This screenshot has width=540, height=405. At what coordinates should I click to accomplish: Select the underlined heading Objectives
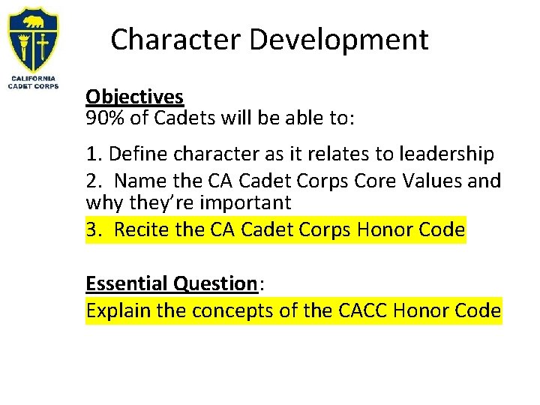click(134, 97)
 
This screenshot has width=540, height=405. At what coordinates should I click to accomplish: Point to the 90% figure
click(103, 118)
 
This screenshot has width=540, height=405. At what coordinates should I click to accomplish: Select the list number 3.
click(91, 229)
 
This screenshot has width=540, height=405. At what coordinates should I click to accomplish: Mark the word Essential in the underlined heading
click(127, 283)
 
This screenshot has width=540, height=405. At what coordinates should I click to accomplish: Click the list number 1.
click(91, 154)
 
